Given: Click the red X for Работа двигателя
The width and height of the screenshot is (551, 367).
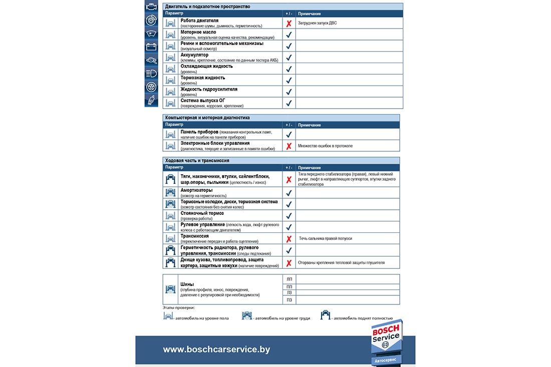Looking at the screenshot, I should point(289,24).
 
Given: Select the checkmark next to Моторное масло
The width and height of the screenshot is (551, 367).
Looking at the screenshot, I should point(289,35).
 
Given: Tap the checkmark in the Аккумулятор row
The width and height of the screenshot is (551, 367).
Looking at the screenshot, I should point(289,58).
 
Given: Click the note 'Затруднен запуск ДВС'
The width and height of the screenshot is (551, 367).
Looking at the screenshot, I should point(317,24).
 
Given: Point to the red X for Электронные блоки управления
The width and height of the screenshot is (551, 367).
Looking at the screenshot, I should point(289,146).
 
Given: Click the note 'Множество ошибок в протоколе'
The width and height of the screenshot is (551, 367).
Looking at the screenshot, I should point(325,146).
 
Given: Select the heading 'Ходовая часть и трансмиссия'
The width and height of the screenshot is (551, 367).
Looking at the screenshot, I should point(197,161).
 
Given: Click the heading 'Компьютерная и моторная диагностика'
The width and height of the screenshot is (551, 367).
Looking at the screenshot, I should point(207,118).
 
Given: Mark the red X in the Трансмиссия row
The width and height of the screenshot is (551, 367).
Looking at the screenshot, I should point(289,239).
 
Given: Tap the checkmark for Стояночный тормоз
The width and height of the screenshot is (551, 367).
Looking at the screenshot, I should point(289,216).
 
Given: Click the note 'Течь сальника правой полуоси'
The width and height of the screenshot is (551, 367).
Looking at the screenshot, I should point(326,239).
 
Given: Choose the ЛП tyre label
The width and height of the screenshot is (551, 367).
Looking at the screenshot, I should point(289,279).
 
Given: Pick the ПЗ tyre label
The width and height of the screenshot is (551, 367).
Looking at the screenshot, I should point(289,300).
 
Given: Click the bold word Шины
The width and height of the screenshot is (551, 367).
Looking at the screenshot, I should point(187,284).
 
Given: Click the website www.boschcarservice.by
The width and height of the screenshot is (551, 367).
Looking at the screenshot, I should point(216,349).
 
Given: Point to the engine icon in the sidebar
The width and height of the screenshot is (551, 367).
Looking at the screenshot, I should point(151,8).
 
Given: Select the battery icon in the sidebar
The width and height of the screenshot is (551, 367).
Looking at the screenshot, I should point(151,47).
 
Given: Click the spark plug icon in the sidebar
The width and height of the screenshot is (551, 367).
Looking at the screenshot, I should point(151,100).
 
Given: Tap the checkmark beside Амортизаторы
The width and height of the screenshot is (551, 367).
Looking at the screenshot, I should point(289,193).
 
